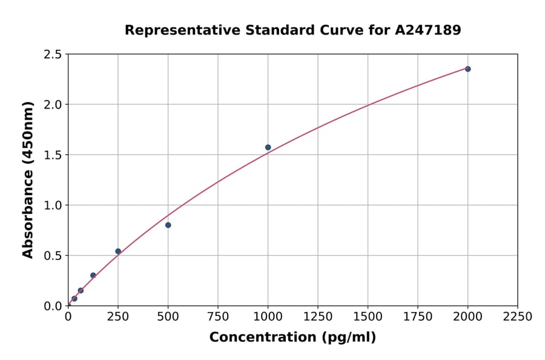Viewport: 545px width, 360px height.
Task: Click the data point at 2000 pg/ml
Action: [x=467, y=69]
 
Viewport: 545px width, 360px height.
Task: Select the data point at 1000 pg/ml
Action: [x=268, y=147]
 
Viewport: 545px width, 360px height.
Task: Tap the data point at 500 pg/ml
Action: [x=168, y=225]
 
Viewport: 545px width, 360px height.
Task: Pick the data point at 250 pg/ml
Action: [x=118, y=251]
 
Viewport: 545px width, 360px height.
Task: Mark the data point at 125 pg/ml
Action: [x=93, y=275]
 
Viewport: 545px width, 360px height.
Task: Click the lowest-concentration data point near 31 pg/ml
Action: [x=74, y=298]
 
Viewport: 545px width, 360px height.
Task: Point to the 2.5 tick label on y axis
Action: [x=53, y=55]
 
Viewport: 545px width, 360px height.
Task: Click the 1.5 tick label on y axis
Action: [x=53, y=155]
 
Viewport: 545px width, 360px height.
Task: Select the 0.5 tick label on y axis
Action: [x=53, y=256]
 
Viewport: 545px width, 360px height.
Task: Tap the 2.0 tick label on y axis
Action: [x=53, y=105]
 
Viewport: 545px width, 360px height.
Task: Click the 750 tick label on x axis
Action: [x=218, y=317]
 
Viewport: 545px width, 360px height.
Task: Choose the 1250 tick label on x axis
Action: [x=318, y=317]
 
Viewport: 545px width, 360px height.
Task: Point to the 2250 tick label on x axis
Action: [x=518, y=317]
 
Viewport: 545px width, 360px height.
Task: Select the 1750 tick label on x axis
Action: [x=418, y=317]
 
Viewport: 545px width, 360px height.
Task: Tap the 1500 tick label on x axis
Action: [x=368, y=317]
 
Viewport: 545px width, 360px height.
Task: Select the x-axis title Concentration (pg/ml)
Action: [x=292, y=338]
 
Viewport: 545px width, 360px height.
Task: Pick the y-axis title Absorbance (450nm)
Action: [x=28, y=179]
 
